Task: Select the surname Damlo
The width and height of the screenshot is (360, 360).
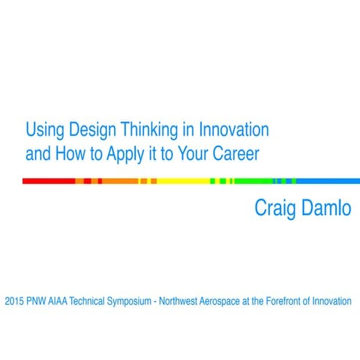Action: pyautogui.click(x=327, y=208)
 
